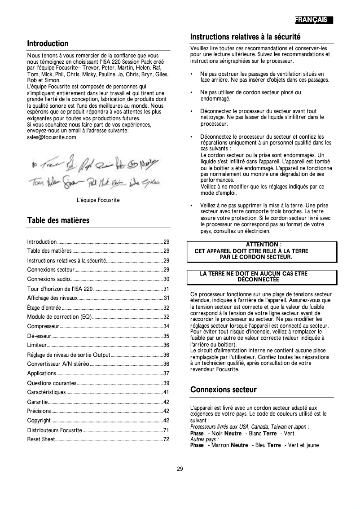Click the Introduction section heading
coord(48,44)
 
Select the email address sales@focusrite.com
coord(52,137)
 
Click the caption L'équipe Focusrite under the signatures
coord(98,200)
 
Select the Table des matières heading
coord(58,220)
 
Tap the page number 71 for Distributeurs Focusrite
coord(166,430)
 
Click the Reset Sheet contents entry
coord(41,439)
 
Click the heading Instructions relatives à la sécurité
coord(245,36)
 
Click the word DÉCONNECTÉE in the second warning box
coord(258,279)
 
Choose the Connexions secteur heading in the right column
coord(224,389)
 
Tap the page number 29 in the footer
coord(180,469)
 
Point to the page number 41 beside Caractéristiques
coord(166,392)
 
